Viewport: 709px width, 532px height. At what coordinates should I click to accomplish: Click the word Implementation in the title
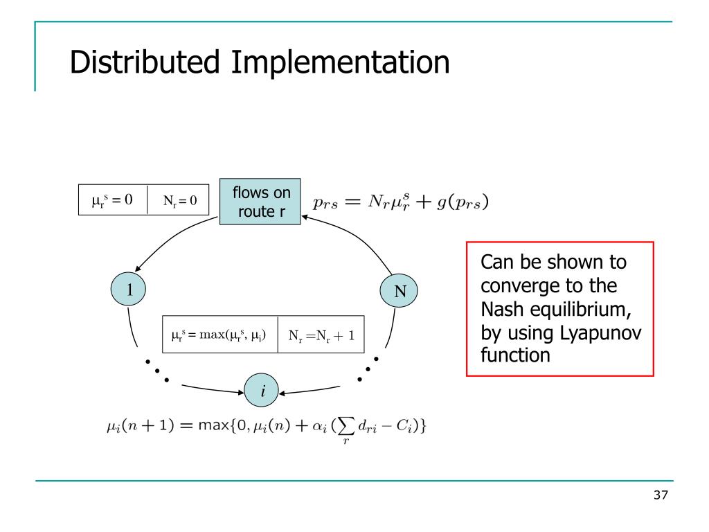(340, 63)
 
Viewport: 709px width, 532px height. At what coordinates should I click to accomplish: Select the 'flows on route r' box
(261, 202)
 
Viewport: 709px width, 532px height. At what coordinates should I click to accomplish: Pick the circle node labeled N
(400, 292)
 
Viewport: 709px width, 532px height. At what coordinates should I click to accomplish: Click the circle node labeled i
(263, 392)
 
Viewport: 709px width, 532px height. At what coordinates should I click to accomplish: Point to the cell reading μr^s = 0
(112, 200)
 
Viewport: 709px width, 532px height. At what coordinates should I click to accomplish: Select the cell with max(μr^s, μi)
(219, 335)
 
